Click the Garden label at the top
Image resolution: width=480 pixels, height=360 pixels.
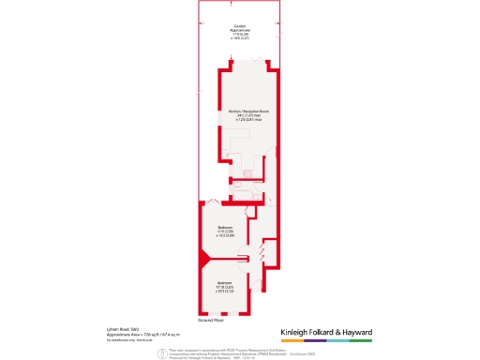pos(241,25)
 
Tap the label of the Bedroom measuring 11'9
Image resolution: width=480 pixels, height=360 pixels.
pos(225,227)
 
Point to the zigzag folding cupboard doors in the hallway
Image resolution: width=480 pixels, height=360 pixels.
pos(262,254)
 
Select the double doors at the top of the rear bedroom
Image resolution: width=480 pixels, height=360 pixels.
pos(215,202)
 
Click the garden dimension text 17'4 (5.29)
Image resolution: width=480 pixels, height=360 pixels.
pos(241,36)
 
